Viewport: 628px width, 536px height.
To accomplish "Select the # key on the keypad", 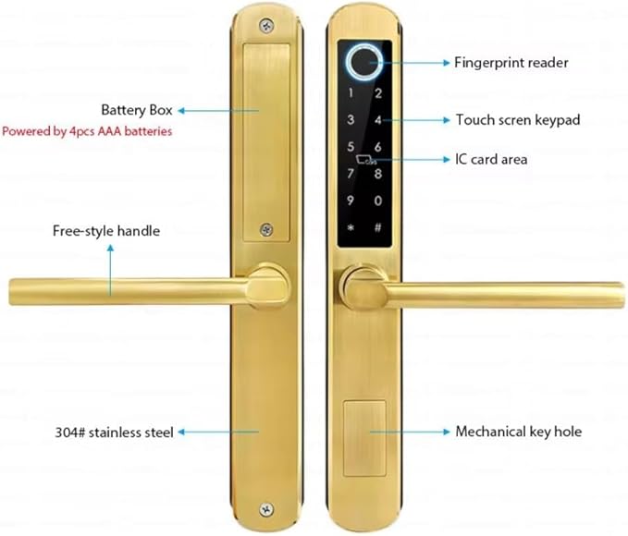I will coord(378,226).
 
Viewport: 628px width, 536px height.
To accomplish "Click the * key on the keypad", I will coord(351,226).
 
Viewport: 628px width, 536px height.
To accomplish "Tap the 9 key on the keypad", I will coord(351,200).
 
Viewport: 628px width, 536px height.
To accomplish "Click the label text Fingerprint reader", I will coord(511,64).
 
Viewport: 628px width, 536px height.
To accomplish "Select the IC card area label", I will coord(490,159).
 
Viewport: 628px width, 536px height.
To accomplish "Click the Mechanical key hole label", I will coord(518,432).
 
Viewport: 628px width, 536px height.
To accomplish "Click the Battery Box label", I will coord(138,110).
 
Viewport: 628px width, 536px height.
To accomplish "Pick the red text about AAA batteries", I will coord(87,131).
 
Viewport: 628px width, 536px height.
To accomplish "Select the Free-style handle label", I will coord(105,231).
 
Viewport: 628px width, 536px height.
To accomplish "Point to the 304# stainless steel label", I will coord(114,432).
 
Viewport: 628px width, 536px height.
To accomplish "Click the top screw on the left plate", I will coord(266,26).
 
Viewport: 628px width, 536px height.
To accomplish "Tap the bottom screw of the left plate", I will coord(266,507).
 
